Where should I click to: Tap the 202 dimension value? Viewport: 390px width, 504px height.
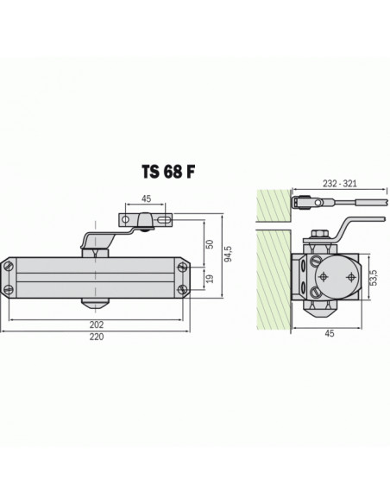tap(95, 324)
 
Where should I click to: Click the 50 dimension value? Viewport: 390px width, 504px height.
tap(208, 244)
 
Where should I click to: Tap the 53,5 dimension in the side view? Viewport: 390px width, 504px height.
tap(374, 278)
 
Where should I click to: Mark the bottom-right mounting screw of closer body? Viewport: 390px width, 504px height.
tap(184, 289)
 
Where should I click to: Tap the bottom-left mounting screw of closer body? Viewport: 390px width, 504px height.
tap(9, 289)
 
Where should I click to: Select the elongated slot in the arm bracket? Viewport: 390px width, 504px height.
tap(162, 223)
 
